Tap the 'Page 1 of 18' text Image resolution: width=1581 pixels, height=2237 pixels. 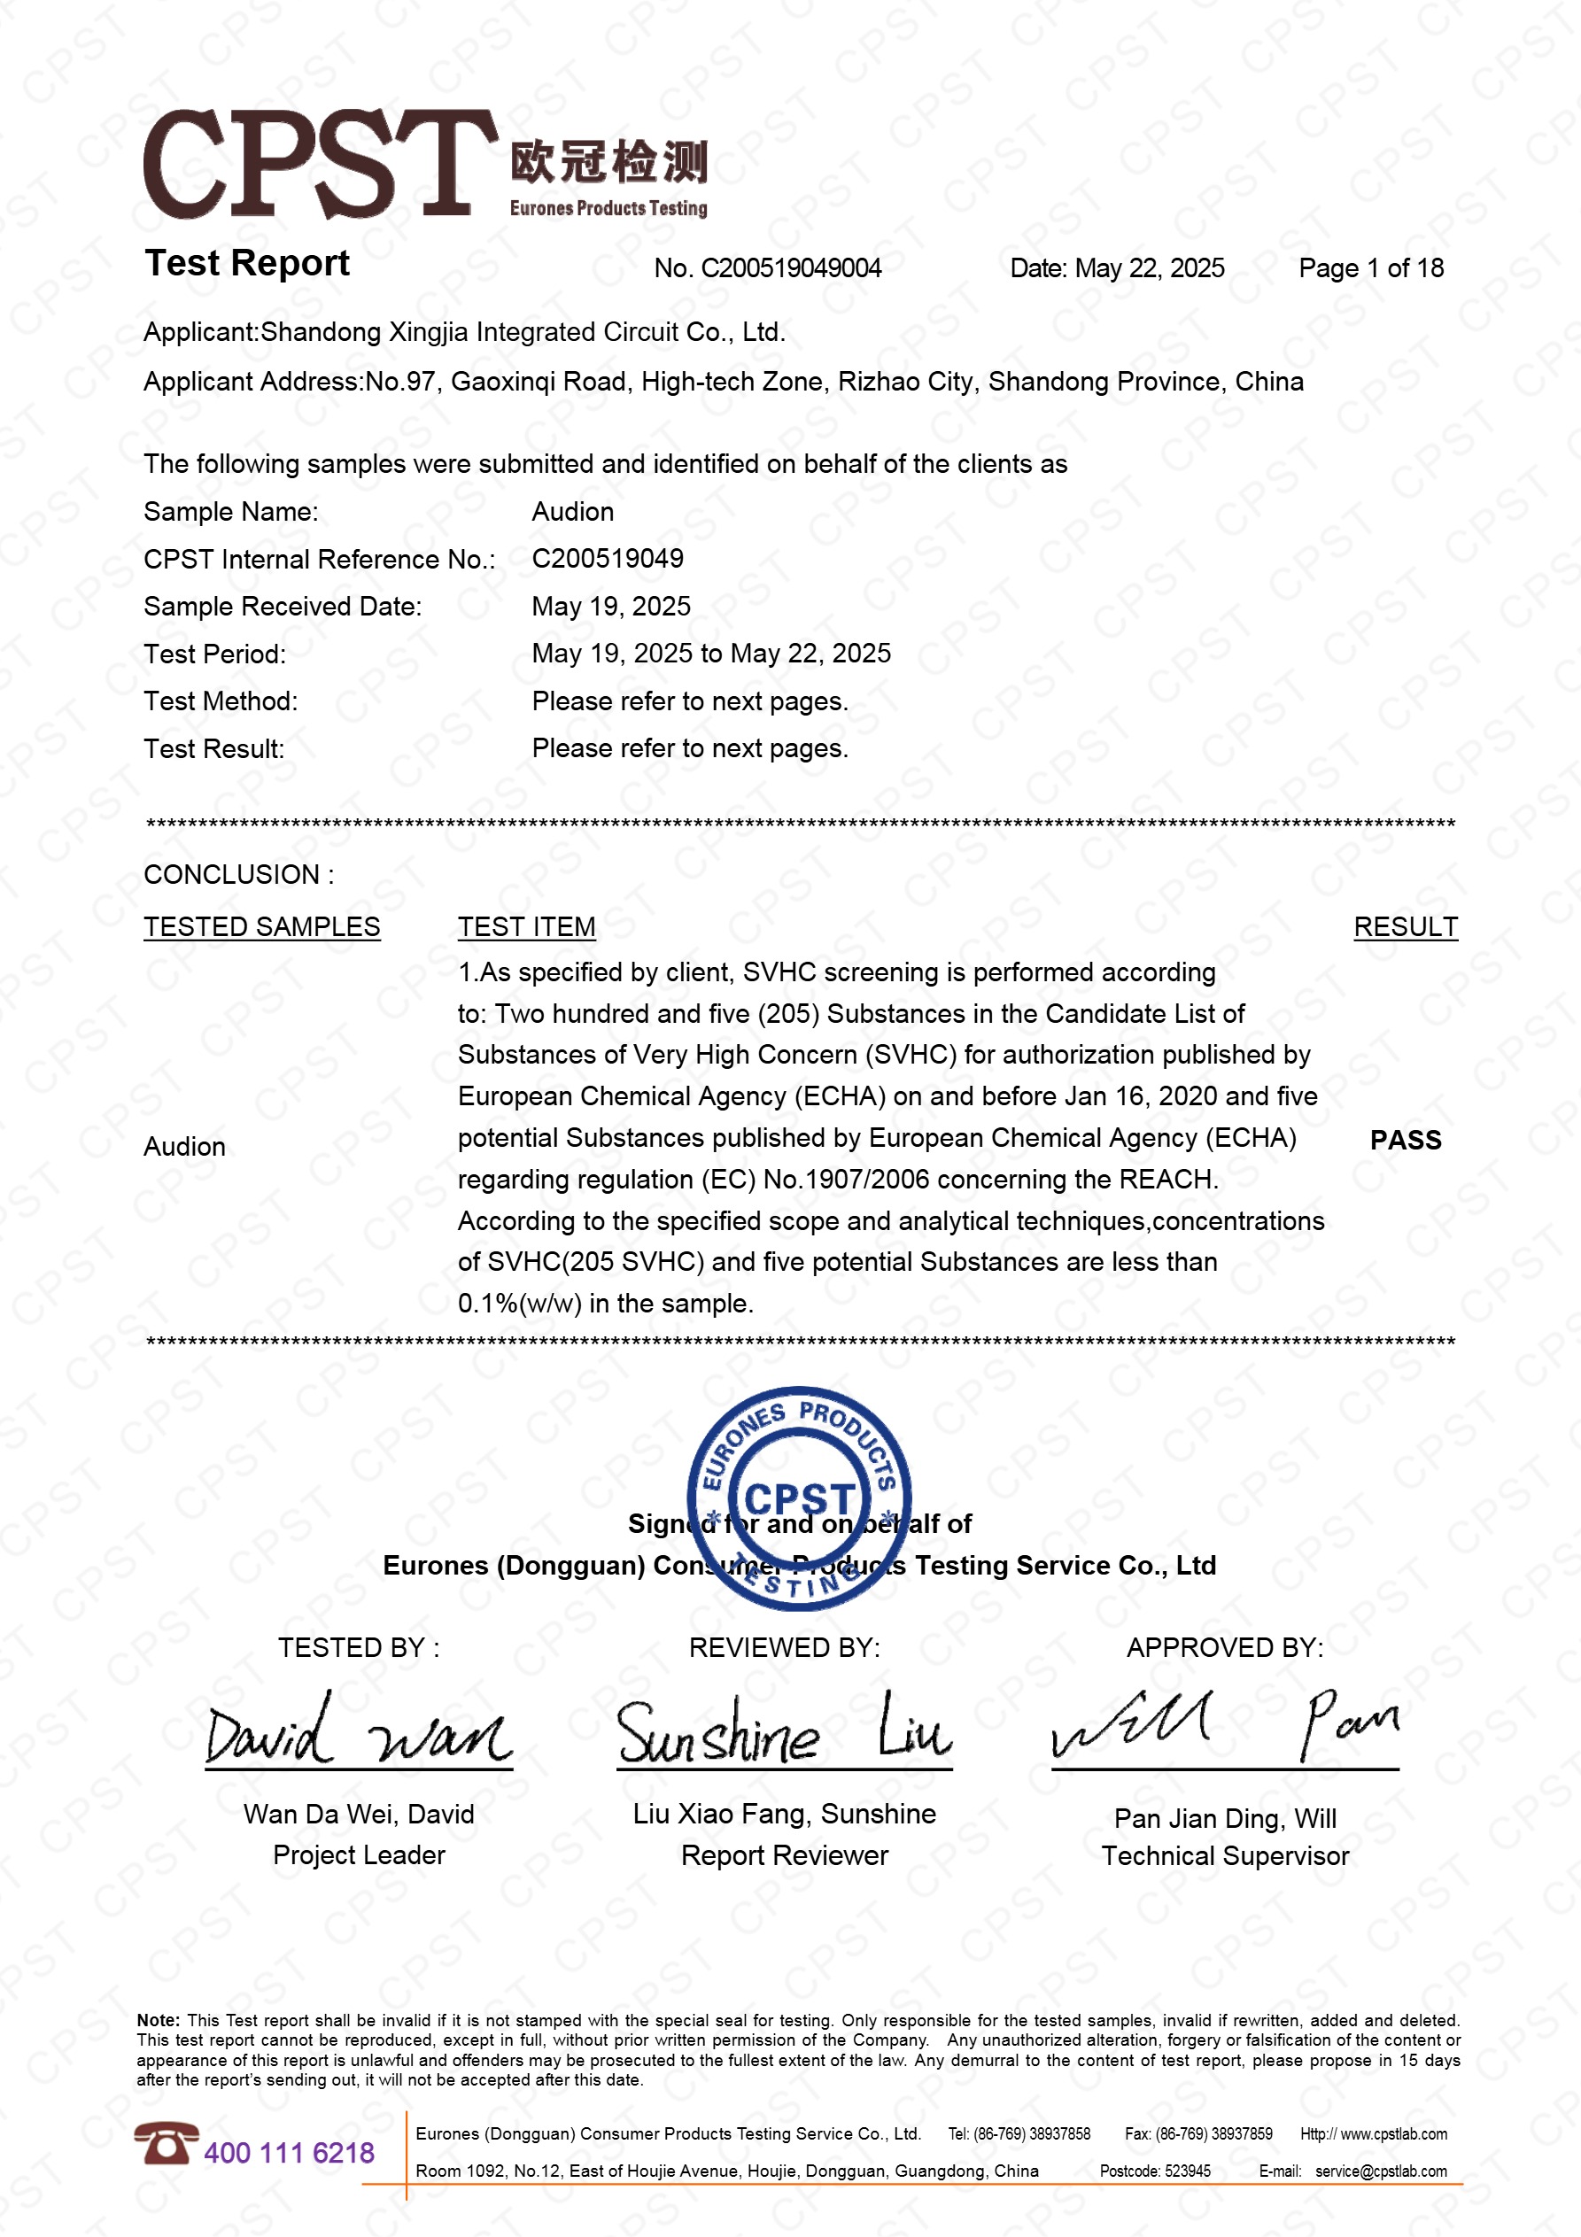point(1370,268)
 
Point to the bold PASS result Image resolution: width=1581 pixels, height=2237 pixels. point(1405,1140)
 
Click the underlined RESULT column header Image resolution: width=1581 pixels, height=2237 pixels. point(1405,926)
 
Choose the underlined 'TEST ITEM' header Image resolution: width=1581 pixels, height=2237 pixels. point(526,926)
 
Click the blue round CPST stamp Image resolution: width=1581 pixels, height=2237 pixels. point(799,1498)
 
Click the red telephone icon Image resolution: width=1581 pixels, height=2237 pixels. point(166,2143)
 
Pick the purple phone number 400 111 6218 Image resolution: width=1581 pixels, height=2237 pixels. point(289,2152)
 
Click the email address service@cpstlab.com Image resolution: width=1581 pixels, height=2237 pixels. point(1380,2171)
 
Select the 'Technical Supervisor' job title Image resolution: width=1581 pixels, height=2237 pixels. point(1224,1856)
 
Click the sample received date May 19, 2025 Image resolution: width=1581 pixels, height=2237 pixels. point(611,606)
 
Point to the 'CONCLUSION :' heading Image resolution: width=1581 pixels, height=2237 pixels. point(239,875)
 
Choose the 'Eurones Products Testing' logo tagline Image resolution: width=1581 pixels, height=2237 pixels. point(608,208)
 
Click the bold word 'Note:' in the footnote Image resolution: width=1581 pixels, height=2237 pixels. point(158,2021)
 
